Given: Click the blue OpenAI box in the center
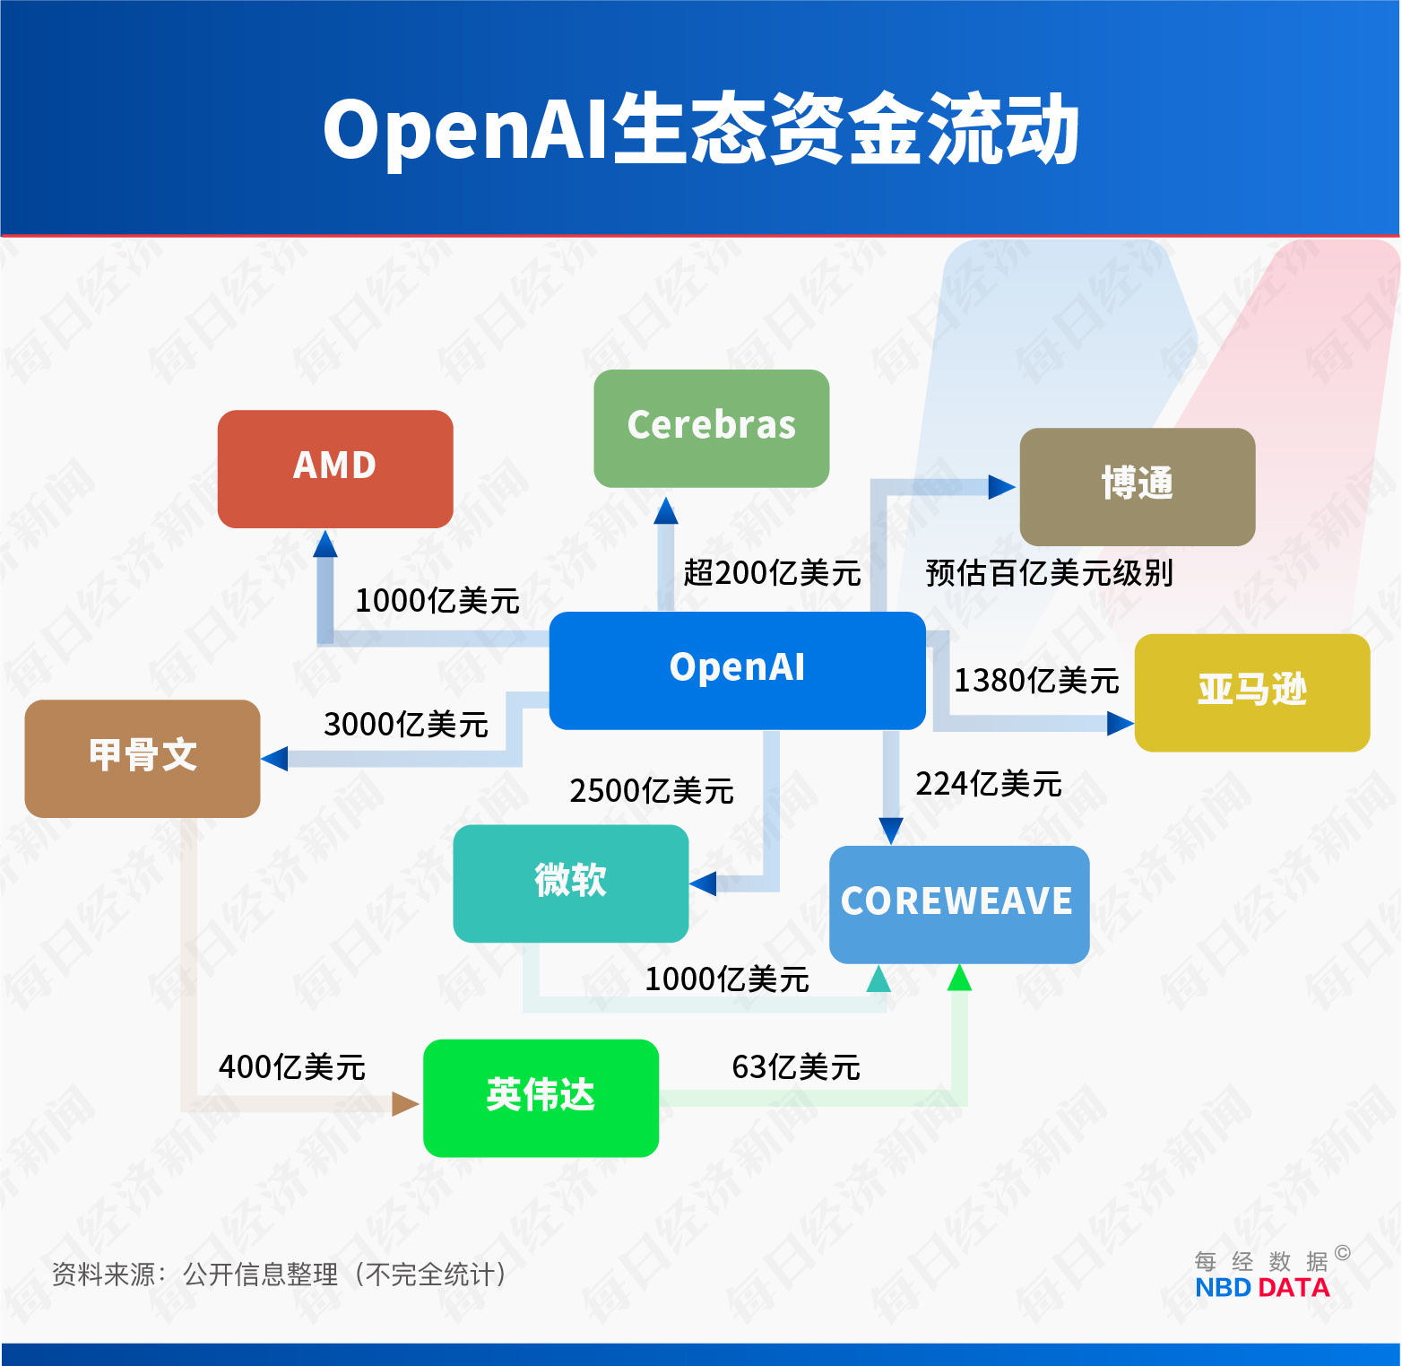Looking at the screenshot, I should [737, 670].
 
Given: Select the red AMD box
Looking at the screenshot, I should [335, 468].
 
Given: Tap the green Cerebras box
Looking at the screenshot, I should [711, 428].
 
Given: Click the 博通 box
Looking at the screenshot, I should [1137, 486].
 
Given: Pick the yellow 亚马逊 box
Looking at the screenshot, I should [1251, 692].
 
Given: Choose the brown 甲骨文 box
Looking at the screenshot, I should [143, 758].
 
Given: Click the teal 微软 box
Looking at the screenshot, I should [570, 883].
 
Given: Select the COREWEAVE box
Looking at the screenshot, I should [958, 903].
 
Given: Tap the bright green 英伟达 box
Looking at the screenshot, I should [541, 1097].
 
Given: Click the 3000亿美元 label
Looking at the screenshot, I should [405, 724].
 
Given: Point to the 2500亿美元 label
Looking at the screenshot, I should [652, 790].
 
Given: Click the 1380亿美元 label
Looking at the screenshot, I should [1035, 681].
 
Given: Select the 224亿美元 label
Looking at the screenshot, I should [988, 784].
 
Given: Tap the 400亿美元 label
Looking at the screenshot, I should [291, 1066].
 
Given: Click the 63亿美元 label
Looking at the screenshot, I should [795, 1066].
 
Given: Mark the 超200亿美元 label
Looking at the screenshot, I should [772, 572].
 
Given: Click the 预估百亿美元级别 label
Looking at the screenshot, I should [1049, 572].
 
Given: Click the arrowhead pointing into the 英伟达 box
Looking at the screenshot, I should [405, 1103].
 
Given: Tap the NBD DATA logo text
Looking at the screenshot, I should [1261, 1288].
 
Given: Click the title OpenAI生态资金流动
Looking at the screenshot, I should [701, 130].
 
